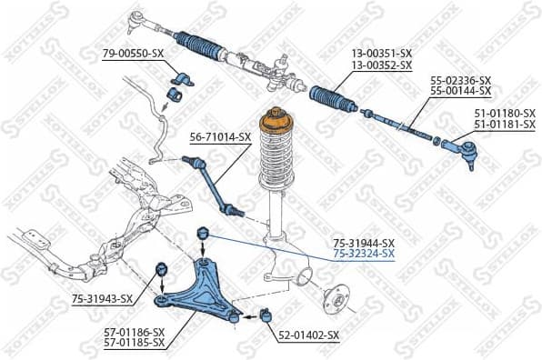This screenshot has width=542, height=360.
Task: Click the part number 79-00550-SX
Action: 133,55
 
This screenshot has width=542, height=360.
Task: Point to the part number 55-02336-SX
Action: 460,80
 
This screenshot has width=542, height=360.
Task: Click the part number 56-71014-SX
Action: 219,137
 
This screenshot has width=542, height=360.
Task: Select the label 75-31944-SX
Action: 364,243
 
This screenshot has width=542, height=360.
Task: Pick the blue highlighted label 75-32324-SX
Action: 364,254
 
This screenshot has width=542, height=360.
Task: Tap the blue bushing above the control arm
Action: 204,238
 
